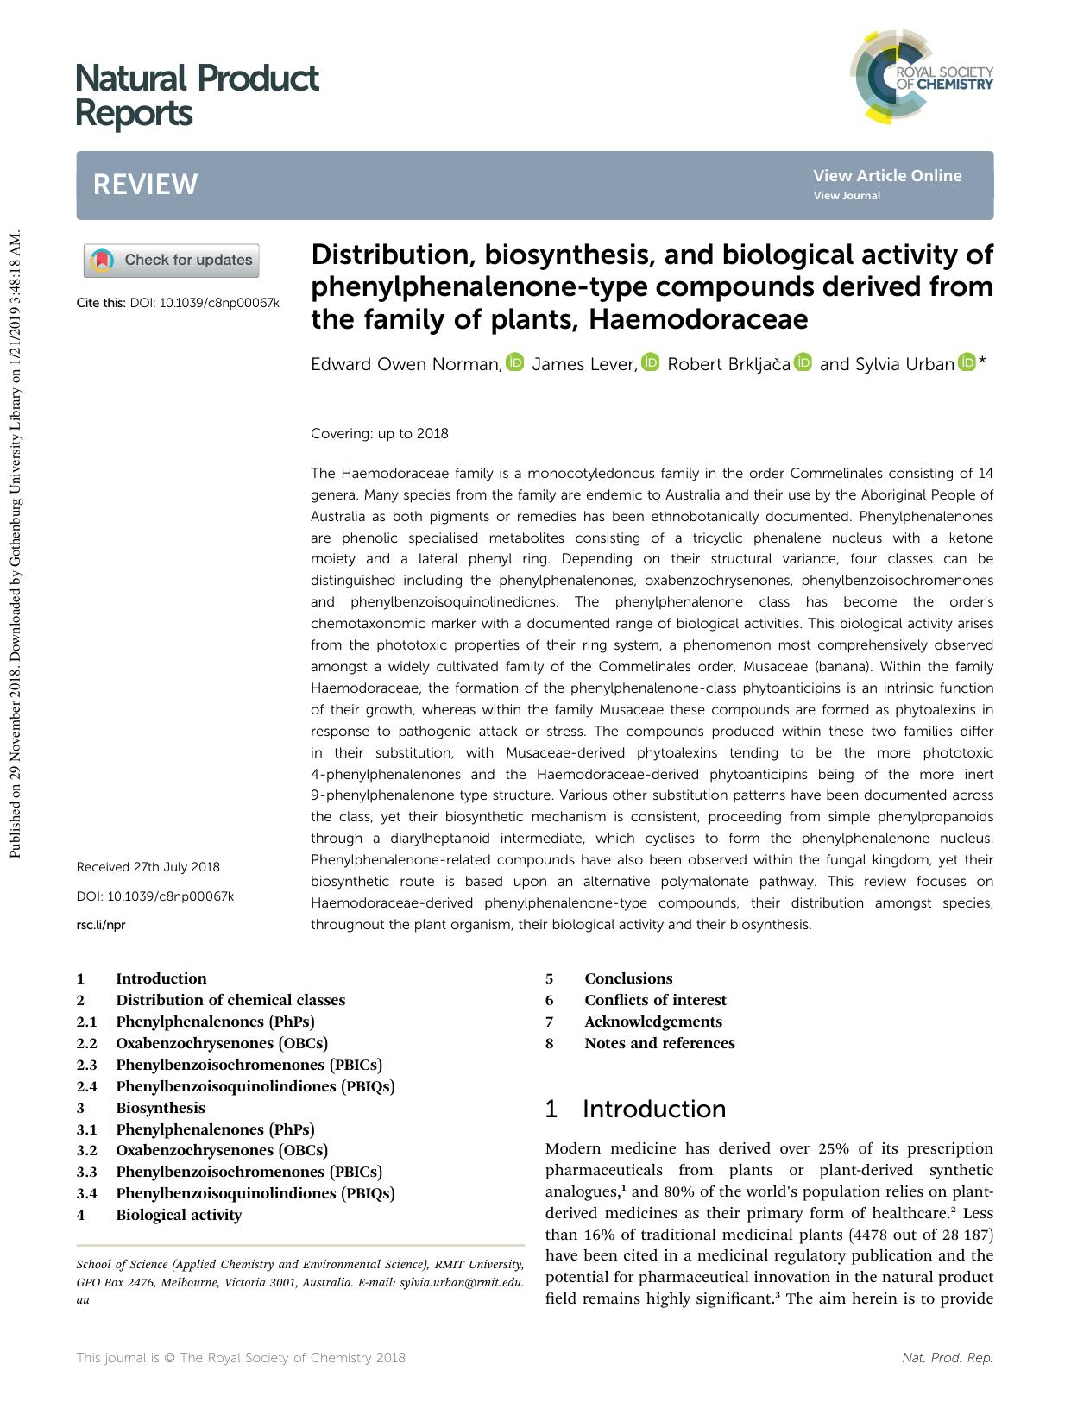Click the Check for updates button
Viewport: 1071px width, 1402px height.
click(171, 261)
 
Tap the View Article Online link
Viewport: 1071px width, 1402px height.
click(886, 176)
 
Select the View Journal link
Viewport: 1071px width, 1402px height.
click(846, 196)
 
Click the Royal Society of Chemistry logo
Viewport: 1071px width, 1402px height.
click(920, 79)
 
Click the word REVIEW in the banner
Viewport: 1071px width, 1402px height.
click(146, 185)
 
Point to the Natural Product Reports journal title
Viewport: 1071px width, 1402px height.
click(197, 96)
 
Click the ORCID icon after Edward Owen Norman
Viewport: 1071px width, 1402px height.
click(515, 362)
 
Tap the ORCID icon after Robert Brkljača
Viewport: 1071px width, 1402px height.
click(803, 362)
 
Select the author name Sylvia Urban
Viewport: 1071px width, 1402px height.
click(904, 364)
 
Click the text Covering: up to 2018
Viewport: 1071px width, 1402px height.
click(379, 433)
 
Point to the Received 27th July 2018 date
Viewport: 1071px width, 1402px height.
click(148, 867)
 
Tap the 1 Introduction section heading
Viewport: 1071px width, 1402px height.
click(636, 1109)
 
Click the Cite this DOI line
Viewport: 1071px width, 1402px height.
click(178, 303)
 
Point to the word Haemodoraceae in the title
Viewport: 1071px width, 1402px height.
click(699, 320)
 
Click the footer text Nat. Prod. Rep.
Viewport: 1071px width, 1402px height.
click(947, 1358)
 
